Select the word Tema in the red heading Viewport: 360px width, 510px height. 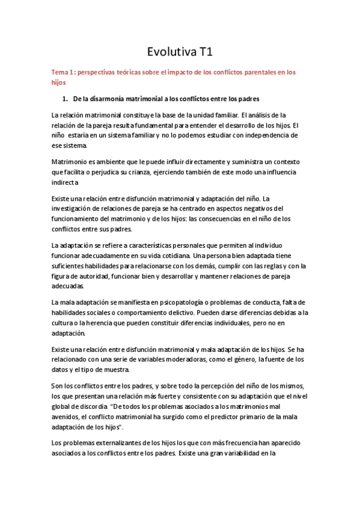[61, 72]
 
